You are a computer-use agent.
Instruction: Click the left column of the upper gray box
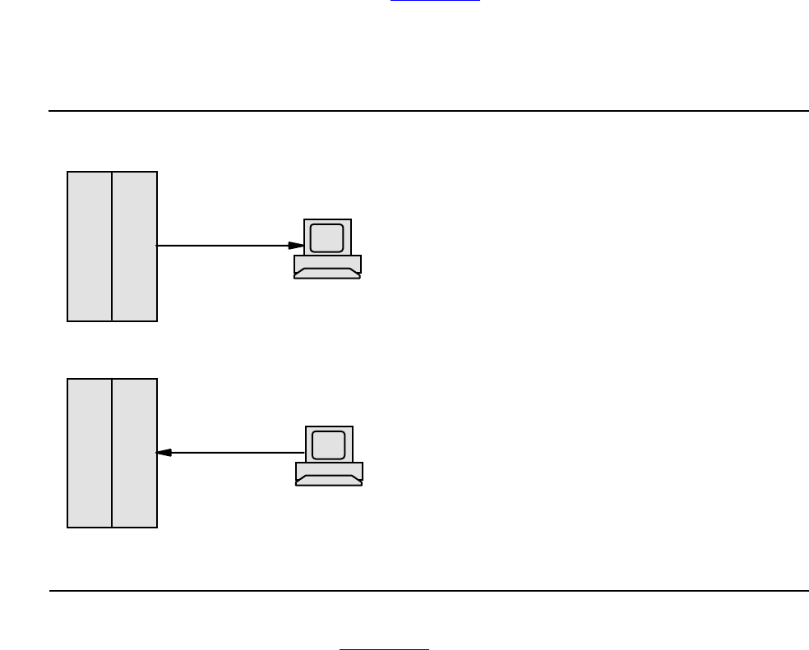point(90,246)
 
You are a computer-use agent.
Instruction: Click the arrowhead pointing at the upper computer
point(296,245)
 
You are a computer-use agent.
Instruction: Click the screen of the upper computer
point(326,237)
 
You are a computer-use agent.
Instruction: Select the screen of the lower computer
point(328,445)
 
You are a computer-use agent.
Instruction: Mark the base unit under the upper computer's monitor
point(327,263)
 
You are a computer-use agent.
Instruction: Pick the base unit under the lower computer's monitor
point(329,470)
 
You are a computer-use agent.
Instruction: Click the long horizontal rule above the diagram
point(428,110)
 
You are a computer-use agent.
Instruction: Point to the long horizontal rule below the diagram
point(428,590)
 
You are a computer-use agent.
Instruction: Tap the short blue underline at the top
point(435,1)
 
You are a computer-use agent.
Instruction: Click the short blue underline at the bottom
point(385,649)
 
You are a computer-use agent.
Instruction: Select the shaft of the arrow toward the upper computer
point(222,245)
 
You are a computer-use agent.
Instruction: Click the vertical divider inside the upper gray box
point(112,246)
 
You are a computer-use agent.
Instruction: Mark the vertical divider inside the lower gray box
point(112,453)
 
